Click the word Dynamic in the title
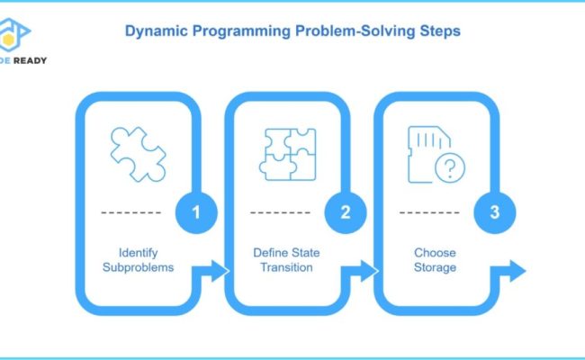tap(154, 31)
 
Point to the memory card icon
tap(432, 148)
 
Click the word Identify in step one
tap(138, 252)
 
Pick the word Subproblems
tap(138, 267)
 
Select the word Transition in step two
tap(287, 267)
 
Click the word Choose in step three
tap(436, 252)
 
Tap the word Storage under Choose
tap(436, 267)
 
